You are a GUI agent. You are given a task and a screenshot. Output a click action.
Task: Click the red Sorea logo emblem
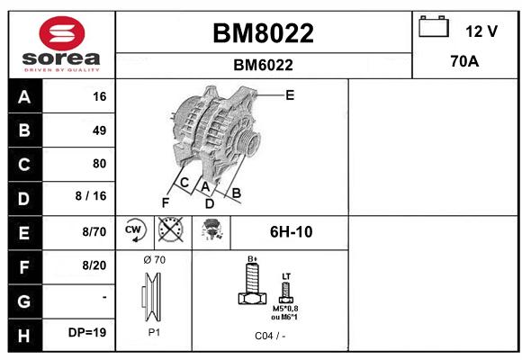click(62, 33)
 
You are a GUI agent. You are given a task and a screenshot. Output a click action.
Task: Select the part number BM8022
click(263, 33)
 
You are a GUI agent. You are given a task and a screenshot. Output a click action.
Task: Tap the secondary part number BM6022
click(263, 65)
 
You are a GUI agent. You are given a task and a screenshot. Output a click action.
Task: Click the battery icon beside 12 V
click(434, 26)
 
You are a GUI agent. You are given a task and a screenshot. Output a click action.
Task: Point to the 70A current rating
click(464, 61)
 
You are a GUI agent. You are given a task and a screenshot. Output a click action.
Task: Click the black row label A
click(25, 96)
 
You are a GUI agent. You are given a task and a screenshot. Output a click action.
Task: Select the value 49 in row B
click(100, 130)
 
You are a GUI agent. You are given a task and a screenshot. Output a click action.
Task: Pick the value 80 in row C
click(100, 164)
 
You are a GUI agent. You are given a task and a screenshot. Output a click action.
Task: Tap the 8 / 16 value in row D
click(91, 196)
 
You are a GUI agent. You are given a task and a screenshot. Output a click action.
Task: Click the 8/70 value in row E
click(94, 231)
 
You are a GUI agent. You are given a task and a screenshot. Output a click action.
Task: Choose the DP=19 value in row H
click(87, 332)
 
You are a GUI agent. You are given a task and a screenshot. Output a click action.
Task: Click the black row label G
click(25, 301)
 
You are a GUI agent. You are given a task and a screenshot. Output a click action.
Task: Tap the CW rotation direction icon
click(135, 230)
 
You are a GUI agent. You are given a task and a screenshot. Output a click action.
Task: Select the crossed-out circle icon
click(170, 229)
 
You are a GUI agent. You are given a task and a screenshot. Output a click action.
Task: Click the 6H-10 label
click(291, 232)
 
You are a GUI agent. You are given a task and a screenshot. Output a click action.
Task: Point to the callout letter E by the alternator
click(290, 95)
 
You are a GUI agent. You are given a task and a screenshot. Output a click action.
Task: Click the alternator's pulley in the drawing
click(249, 141)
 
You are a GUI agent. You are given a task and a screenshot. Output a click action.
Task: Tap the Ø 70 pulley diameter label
click(154, 260)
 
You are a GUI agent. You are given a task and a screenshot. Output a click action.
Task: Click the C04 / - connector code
click(270, 336)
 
